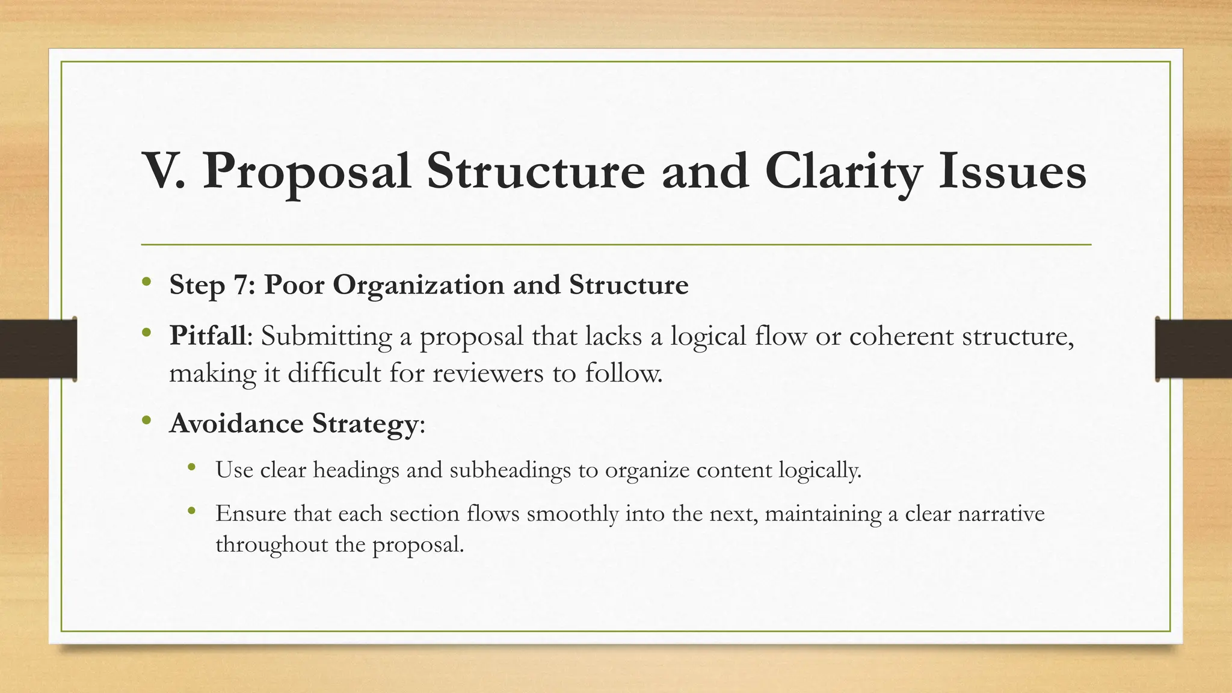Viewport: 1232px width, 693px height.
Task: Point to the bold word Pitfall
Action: (208, 335)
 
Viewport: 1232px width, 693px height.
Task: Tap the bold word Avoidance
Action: (236, 423)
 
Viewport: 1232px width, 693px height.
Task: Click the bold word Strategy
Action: (365, 424)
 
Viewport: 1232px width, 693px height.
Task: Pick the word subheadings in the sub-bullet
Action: (510, 470)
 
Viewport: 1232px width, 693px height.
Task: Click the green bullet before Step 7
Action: (146, 282)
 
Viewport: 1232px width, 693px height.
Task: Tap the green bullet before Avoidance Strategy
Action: (146, 420)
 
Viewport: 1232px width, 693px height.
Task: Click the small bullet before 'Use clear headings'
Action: (192, 467)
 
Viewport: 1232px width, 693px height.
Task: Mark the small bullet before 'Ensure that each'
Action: (192, 511)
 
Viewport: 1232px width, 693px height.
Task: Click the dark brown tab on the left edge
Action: (38, 349)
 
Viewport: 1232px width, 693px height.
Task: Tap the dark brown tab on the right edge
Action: (1193, 349)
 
